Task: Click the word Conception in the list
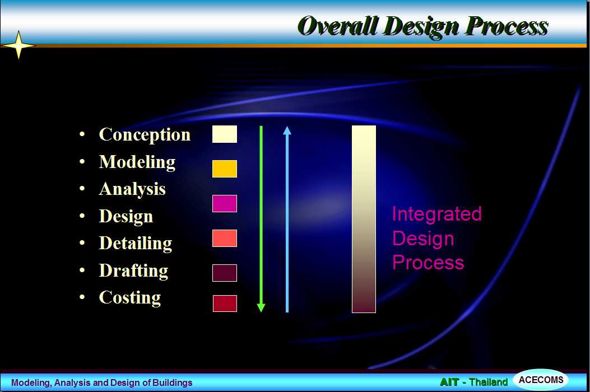pyautogui.click(x=145, y=135)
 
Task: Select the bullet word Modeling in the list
pyautogui.click(x=137, y=162)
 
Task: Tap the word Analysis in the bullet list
pyautogui.click(x=132, y=189)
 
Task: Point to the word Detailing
pyautogui.click(x=136, y=244)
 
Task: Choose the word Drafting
pyautogui.click(x=133, y=270)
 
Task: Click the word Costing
pyautogui.click(x=130, y=297)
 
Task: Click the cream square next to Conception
pyautogui.click(x=225, y=134)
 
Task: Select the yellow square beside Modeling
pyautogui.click(x=225, y=169)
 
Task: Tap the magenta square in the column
pyautogui.click(x=225, y=203)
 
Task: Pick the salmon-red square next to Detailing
pyautogui.click(x=225, y=238)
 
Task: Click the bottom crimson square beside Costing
pyautogui.click(x=225, y=303)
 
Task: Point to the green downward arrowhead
pyautogui.click(x=261, y=308)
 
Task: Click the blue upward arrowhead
pyautogui.click(x=287, y=130)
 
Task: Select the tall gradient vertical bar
pyautogui.click(x=364, y=219)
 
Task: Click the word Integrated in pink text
pyautogui.click(x=437, y=214)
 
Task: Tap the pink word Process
pyautogui.click(x=428, y=262)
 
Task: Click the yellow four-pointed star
pyautogui.click(x=18, y=45)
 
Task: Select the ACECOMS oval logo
pyautogui.click(x=541, y=380)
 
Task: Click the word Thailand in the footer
pyautogui.click(x=489, y=382)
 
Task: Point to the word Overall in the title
pyautogui.click(x=337, y=26)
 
